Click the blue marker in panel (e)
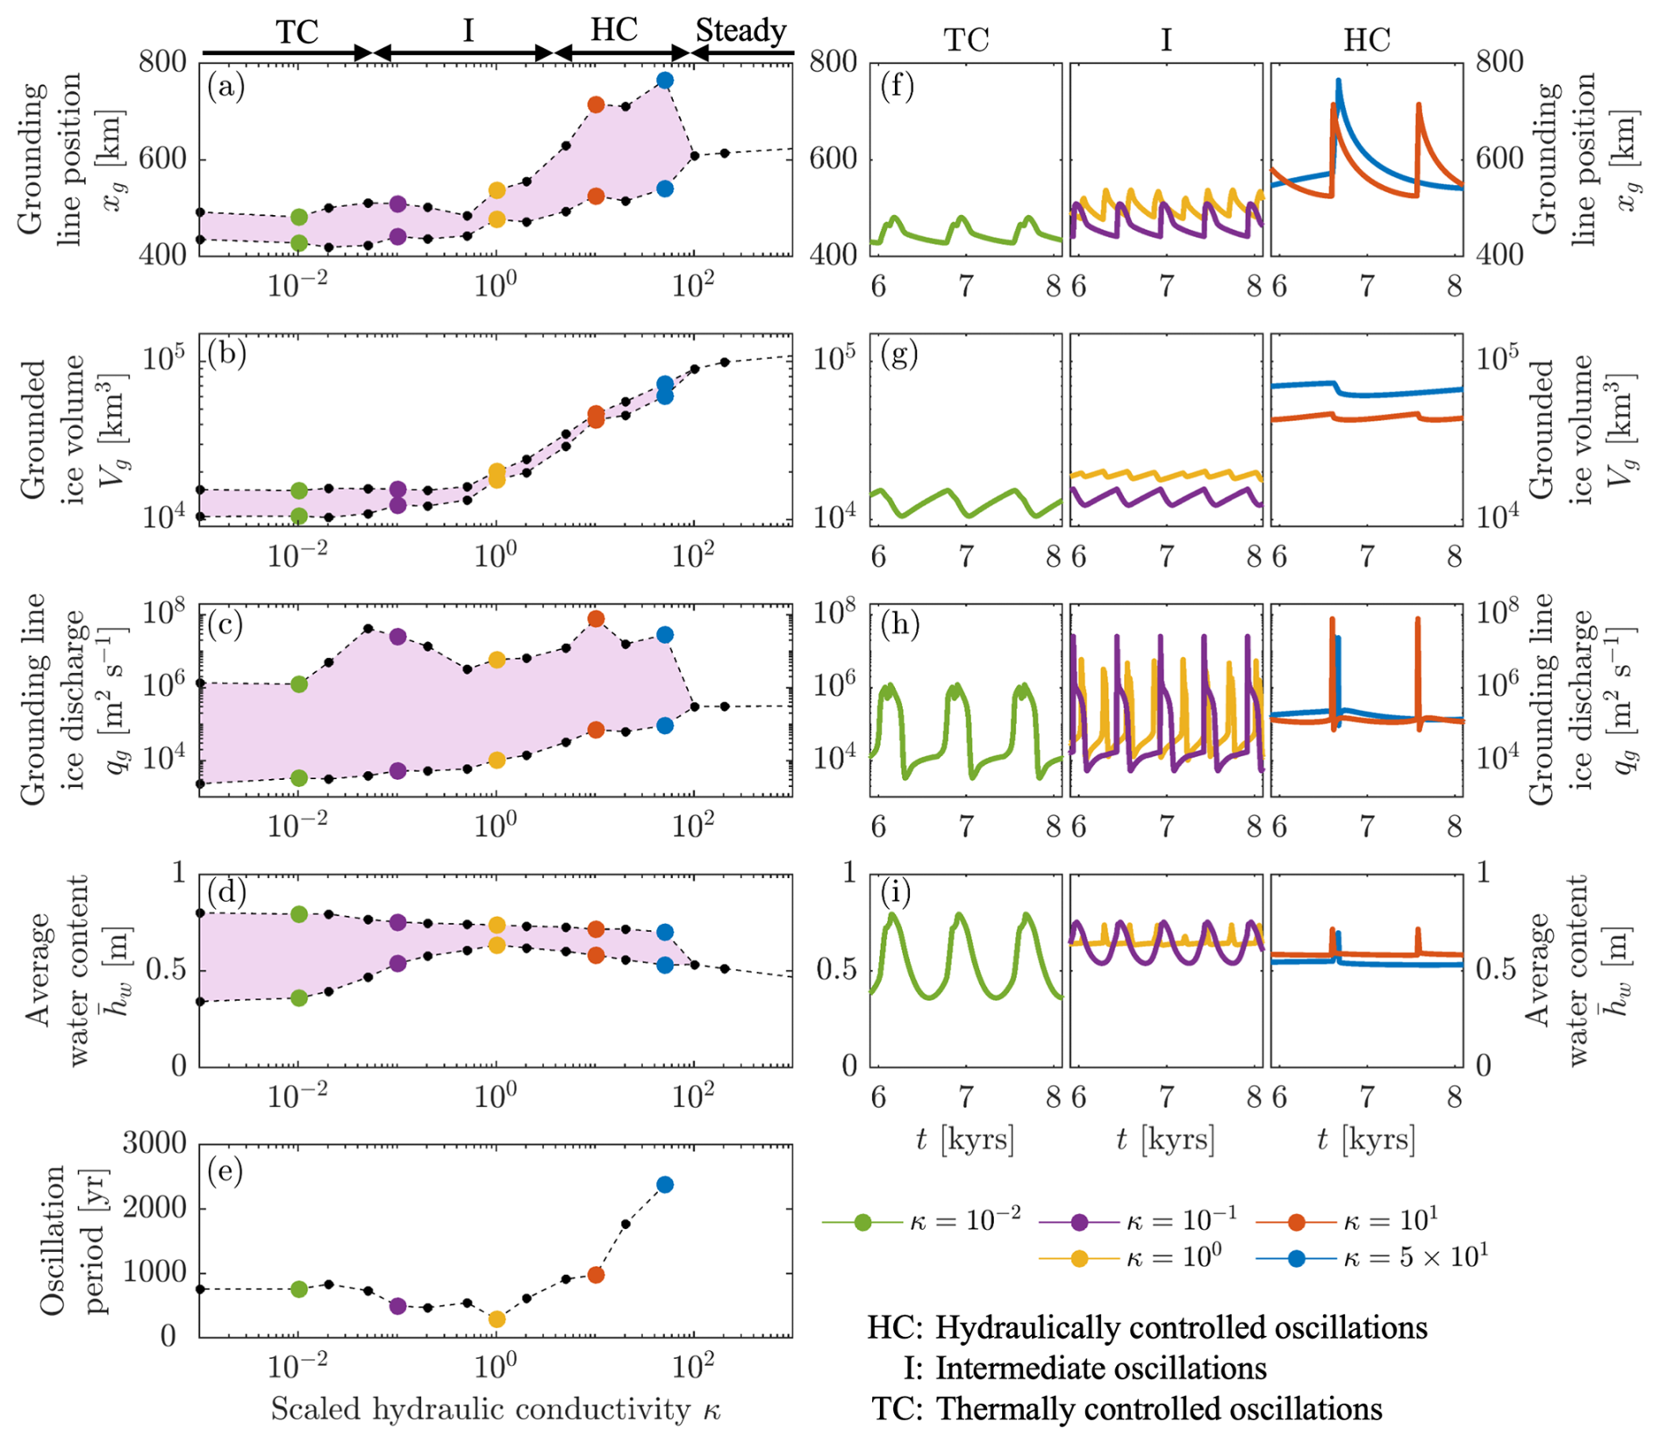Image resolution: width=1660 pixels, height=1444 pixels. pyautogui.click(x=665, y=1184)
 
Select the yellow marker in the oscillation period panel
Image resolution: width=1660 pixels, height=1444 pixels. pyautogui.click(x=497, y=1319)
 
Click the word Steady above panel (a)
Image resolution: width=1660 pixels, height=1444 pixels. pyautogui.click(x=741, y=31)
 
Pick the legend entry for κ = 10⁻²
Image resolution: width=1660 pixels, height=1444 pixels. pyautogui.click(x=921, y=1220)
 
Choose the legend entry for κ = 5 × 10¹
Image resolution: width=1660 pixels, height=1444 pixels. pyautogui.click(x=1373, y=1258)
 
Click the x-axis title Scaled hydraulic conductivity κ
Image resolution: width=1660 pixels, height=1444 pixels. pyautogui.click(x=495, y=1409)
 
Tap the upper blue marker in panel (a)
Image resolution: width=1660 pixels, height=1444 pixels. pyautogui.click(x=665, y=81)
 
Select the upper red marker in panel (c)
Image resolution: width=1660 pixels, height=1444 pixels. pyautogui.click(x=596, y=618)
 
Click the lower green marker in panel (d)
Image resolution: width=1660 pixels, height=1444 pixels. pyautogui.click(x=299, y=997)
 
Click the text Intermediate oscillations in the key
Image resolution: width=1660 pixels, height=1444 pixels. pyautogui.click(x=1101, y=1368)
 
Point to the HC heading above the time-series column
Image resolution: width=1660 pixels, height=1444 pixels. pyautogui.click(x=1366, y=39)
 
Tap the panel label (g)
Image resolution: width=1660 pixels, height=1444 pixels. pyautogui.click(x=899, y=355)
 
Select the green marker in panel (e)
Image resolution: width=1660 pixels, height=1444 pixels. pyautogui.click(x=299, y=1289)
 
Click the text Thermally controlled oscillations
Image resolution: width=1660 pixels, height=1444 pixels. pyautogui.click(x=1159, y=1409)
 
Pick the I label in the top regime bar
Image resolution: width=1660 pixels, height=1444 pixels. pyautogui.click(x=468, y=31)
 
